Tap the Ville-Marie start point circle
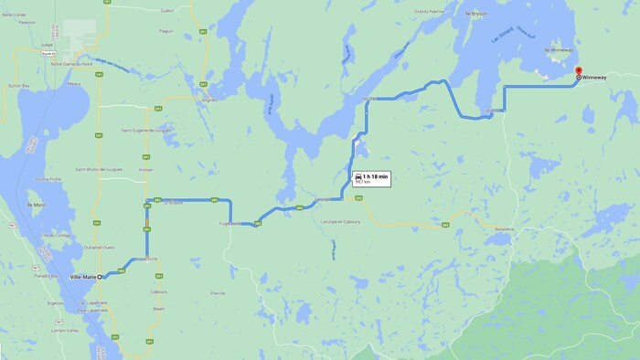[x=101, y=277]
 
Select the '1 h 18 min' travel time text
[x=376, y=175]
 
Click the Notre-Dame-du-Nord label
[x=72, y=64]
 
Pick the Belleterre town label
[x=505, y=228]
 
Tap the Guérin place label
[x=166, y=10]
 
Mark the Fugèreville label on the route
[x=229, y=223]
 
